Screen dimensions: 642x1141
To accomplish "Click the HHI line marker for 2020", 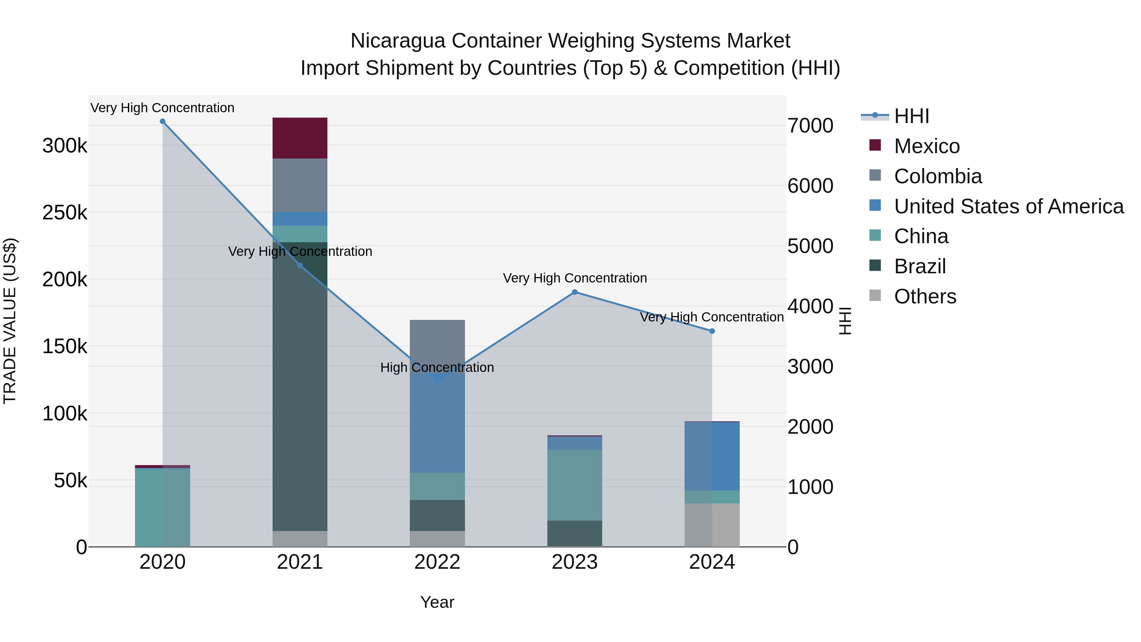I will (x=163, y=121).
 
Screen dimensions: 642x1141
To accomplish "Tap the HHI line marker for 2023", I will (x=575, y=292).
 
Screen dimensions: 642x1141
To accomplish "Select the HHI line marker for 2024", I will (x=712, y=331).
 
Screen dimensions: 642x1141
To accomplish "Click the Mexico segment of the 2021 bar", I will (x=300, y=138).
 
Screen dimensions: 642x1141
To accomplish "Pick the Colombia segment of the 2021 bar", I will (x=300, y=185).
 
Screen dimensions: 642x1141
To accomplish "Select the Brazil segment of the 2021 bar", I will (x=300, y=386).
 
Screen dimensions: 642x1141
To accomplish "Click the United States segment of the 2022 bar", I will (x=437, y=423).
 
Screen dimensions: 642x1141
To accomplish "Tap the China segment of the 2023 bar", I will (x=575, y=485).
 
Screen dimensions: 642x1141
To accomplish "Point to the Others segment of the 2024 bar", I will (x=712, y=525).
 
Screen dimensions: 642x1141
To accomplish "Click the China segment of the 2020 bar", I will (x=163, y=507).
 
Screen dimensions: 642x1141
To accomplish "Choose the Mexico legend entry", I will (x=927, y=146).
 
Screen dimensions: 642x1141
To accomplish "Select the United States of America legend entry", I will (x=1009, y=206).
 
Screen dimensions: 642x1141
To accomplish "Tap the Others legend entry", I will (x=925, y=296).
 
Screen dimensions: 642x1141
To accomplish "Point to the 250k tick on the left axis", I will (x=65, y=213).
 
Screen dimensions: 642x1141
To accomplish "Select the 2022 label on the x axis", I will (x=437, y=562).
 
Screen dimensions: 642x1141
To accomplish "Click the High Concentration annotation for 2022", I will (x=437, y=367).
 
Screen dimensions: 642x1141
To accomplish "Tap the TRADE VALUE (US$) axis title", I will (x=10, y=321).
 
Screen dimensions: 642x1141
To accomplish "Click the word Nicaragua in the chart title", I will (x=397, y=41).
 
